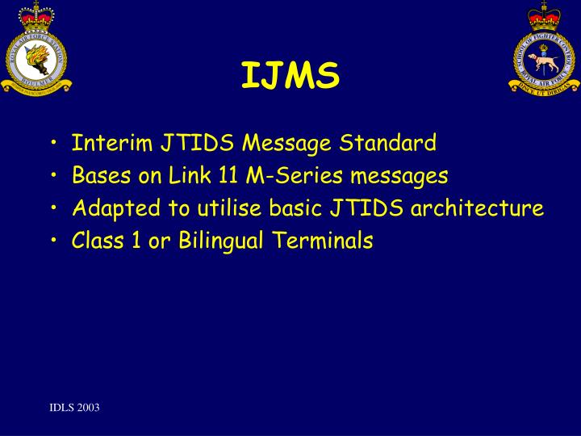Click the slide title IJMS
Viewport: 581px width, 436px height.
point(290,77)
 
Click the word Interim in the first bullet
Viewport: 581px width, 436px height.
point(102,144)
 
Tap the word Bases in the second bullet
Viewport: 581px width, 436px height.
point(95,176)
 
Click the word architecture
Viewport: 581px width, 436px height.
point(477,208)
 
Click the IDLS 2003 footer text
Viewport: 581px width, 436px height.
point(73,408)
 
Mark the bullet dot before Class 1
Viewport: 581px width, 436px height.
point(52,241)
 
